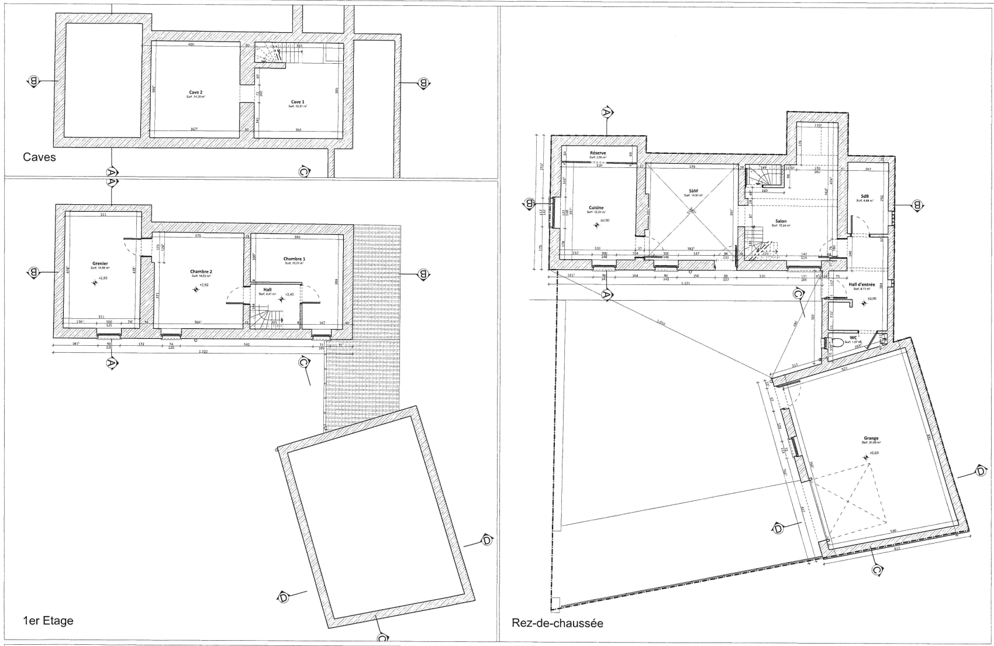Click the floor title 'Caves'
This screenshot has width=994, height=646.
click(39, 157)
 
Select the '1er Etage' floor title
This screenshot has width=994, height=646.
click(48, 621)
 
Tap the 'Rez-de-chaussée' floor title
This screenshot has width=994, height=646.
click(557, 623)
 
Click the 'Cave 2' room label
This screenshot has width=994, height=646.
click(196, 92)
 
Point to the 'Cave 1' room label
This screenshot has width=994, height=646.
click(298, 102)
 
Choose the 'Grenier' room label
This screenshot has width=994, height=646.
click(100, 263)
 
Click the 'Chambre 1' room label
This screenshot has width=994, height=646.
click(294, 259)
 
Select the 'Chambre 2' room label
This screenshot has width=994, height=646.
click(201, 272)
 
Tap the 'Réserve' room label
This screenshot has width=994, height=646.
click(598, 153)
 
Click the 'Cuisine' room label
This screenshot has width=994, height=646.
click(596, 207)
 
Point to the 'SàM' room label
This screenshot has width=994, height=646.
click(694, 191)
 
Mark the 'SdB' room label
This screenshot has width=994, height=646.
click(864, 196)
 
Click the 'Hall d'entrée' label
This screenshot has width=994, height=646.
click(861, 284)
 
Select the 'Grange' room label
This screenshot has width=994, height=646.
click(871, 438)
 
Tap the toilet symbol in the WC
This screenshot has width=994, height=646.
click(836, 343)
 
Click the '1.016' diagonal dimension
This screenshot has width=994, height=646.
click(661, 322)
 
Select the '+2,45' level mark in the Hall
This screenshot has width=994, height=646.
click(290, 294)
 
